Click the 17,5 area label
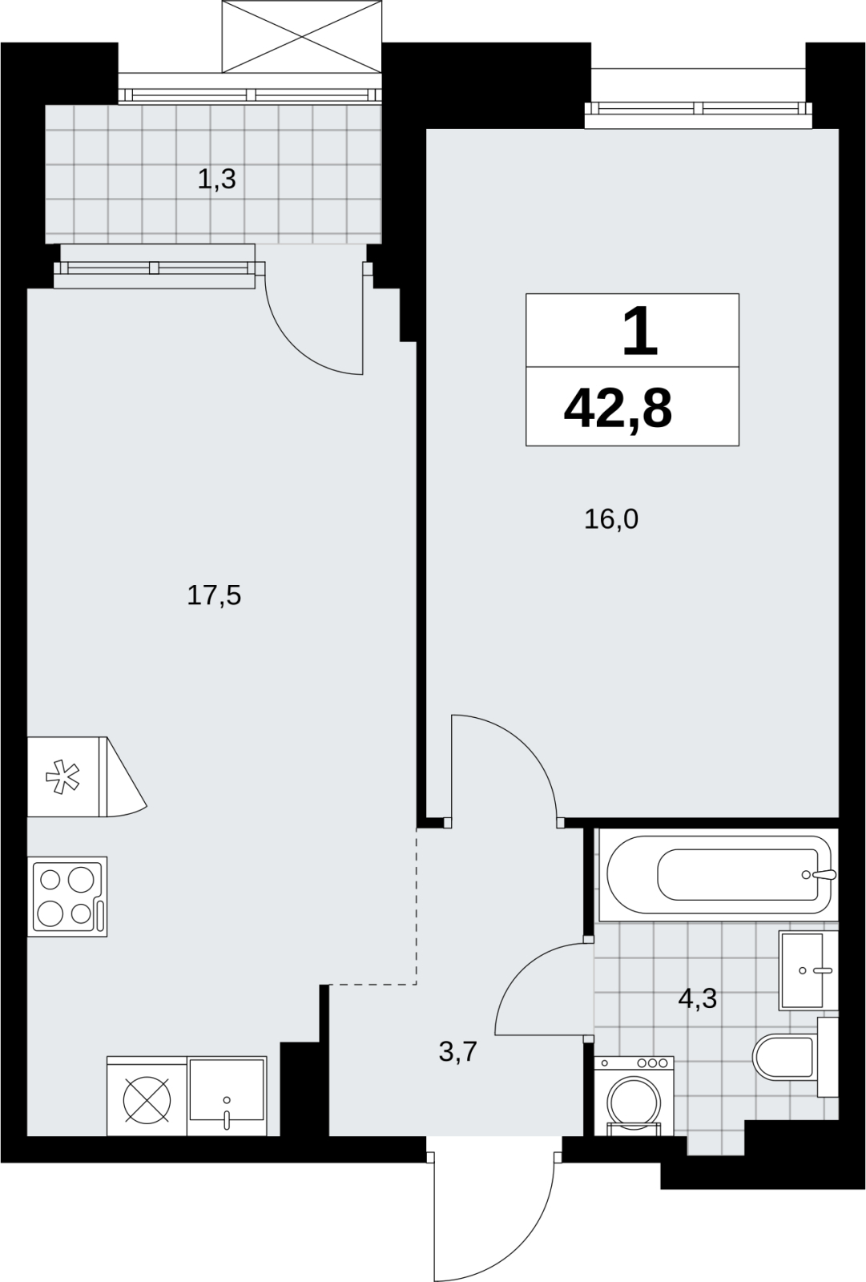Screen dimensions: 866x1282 coord(213,596)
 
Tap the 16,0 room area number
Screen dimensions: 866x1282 coord(610,520)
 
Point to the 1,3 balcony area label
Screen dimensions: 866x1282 coord(216,179)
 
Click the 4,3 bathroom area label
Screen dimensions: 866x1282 coord(697,999)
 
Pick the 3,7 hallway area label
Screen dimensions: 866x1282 coord(458,1052)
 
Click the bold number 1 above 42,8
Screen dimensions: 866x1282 coord(640,330)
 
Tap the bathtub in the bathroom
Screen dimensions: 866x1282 coord(718,874)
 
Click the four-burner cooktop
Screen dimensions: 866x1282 coord(67,897)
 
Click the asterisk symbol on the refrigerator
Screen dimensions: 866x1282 coord(62,776)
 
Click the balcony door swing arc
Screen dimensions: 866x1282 coord(298,347)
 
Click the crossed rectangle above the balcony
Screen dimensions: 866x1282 coord(302,36)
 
